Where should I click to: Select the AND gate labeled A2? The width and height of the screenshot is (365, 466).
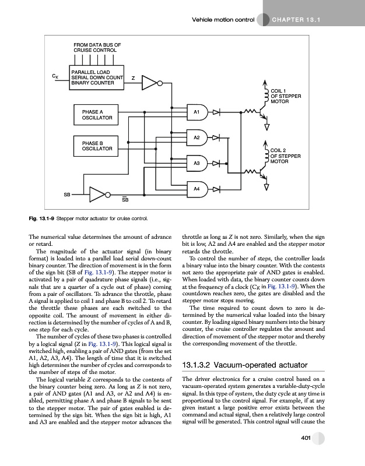coord(198,137)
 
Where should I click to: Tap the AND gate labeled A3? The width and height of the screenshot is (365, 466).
coord(198,164)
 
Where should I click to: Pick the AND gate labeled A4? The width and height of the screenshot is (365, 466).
coord(198,190)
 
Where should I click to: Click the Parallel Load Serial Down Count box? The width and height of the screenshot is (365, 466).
coord(96,77)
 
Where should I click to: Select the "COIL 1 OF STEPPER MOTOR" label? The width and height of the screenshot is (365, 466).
coord(286,96)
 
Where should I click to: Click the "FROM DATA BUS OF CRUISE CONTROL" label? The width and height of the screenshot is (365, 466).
coord(97,47)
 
